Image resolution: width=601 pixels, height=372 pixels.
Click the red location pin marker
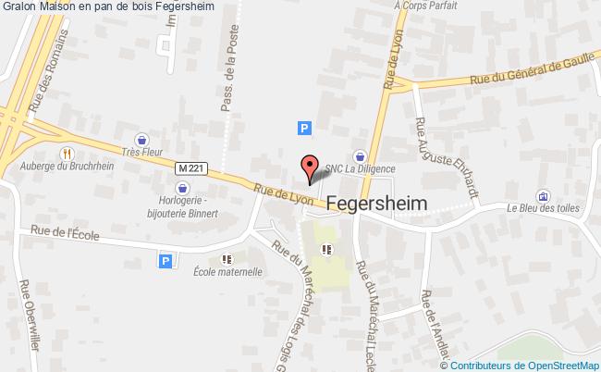pos(309,168)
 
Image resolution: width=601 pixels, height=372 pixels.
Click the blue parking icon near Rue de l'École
pos(166,262)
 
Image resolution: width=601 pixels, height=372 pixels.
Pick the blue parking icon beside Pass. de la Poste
pos(303,130)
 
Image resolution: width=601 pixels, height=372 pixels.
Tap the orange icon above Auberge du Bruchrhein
pos(67,154)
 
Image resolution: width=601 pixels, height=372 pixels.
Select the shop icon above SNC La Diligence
pos(360,155)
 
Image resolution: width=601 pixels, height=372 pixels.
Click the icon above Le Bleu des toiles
pos(542,195)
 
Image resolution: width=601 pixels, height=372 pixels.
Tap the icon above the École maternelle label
pos(227,259)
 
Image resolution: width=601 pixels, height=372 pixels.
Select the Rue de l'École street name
pos(64,233)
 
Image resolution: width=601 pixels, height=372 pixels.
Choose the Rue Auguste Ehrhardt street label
pos(447,157)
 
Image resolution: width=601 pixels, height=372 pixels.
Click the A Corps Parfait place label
pos(426,6)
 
